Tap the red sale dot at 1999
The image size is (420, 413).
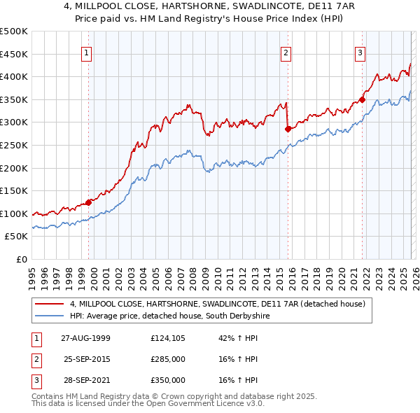(x=89, y=202)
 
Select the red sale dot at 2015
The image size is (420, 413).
(x=288, y=129)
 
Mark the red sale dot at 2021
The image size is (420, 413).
(x=363, y=99)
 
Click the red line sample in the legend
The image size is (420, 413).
(x=50, y=304)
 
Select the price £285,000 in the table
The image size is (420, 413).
(x=168, y=359)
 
